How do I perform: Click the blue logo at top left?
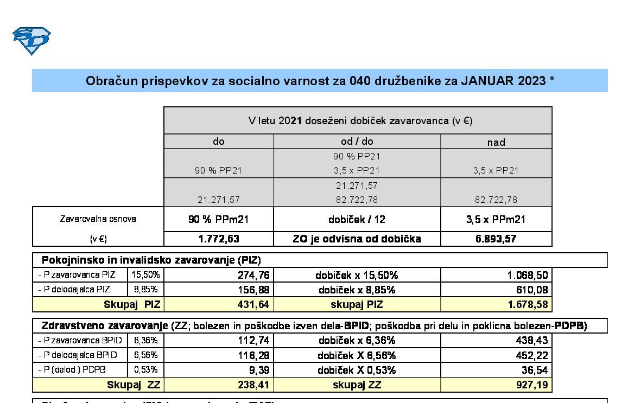pyautogui.click(x=31, y=41)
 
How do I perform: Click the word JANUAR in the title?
pyautogui.click(x=487, y=81)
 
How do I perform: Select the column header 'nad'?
pyautogui.click(x=496, y=142)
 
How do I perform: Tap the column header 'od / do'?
pyautogui.click(x=357, y=142)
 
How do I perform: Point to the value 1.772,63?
pyautogui.click(x=219, y=239)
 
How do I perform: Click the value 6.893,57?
pyautogui.click(x=496, y=239)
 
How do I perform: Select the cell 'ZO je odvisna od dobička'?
pyautogui.click(x=357, y=239)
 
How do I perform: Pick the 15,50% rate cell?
pyautogui.click(x=145, y=275)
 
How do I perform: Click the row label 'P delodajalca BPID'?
pyautogui.click(x=80, y=355)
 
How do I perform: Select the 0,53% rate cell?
pyautogui.click(x=145, y=370)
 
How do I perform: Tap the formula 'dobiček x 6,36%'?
pyautogui.click(x=357, y=341)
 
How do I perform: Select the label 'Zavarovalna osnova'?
pyautogui.click(x=98, y=219)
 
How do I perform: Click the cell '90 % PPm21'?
pyautogui.click(x=219, y=220)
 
